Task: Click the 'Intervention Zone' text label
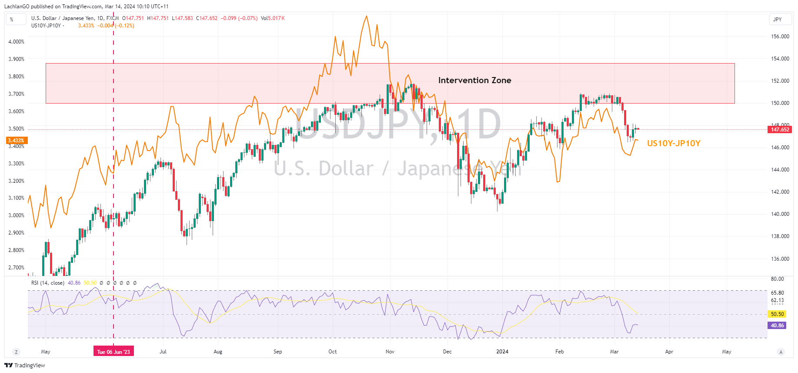pos(474,80)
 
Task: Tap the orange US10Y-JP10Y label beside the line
pos(674,143)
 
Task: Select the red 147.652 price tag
pos(780,129)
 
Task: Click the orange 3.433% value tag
pos(17,141)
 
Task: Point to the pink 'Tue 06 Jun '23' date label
pos(114,352)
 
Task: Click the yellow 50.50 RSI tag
pos(777,314)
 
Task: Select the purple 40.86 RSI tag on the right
pos(777,325)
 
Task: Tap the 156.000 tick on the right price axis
pos(780,37)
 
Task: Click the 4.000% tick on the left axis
pos(17,42)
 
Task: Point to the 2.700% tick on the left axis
pos(17,268)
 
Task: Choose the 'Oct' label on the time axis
pos(333,352)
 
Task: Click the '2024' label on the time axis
pos(502,352)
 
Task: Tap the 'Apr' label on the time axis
pos(669,352)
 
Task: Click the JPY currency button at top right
pos(778,19)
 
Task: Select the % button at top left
pos(12,19)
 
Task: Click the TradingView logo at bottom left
pos(25,365)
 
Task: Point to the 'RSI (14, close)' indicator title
pos(48,283)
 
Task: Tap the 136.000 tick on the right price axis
pos(780,259)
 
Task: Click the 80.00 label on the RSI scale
pos(777,279)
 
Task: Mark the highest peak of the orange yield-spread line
pos(367,16)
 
